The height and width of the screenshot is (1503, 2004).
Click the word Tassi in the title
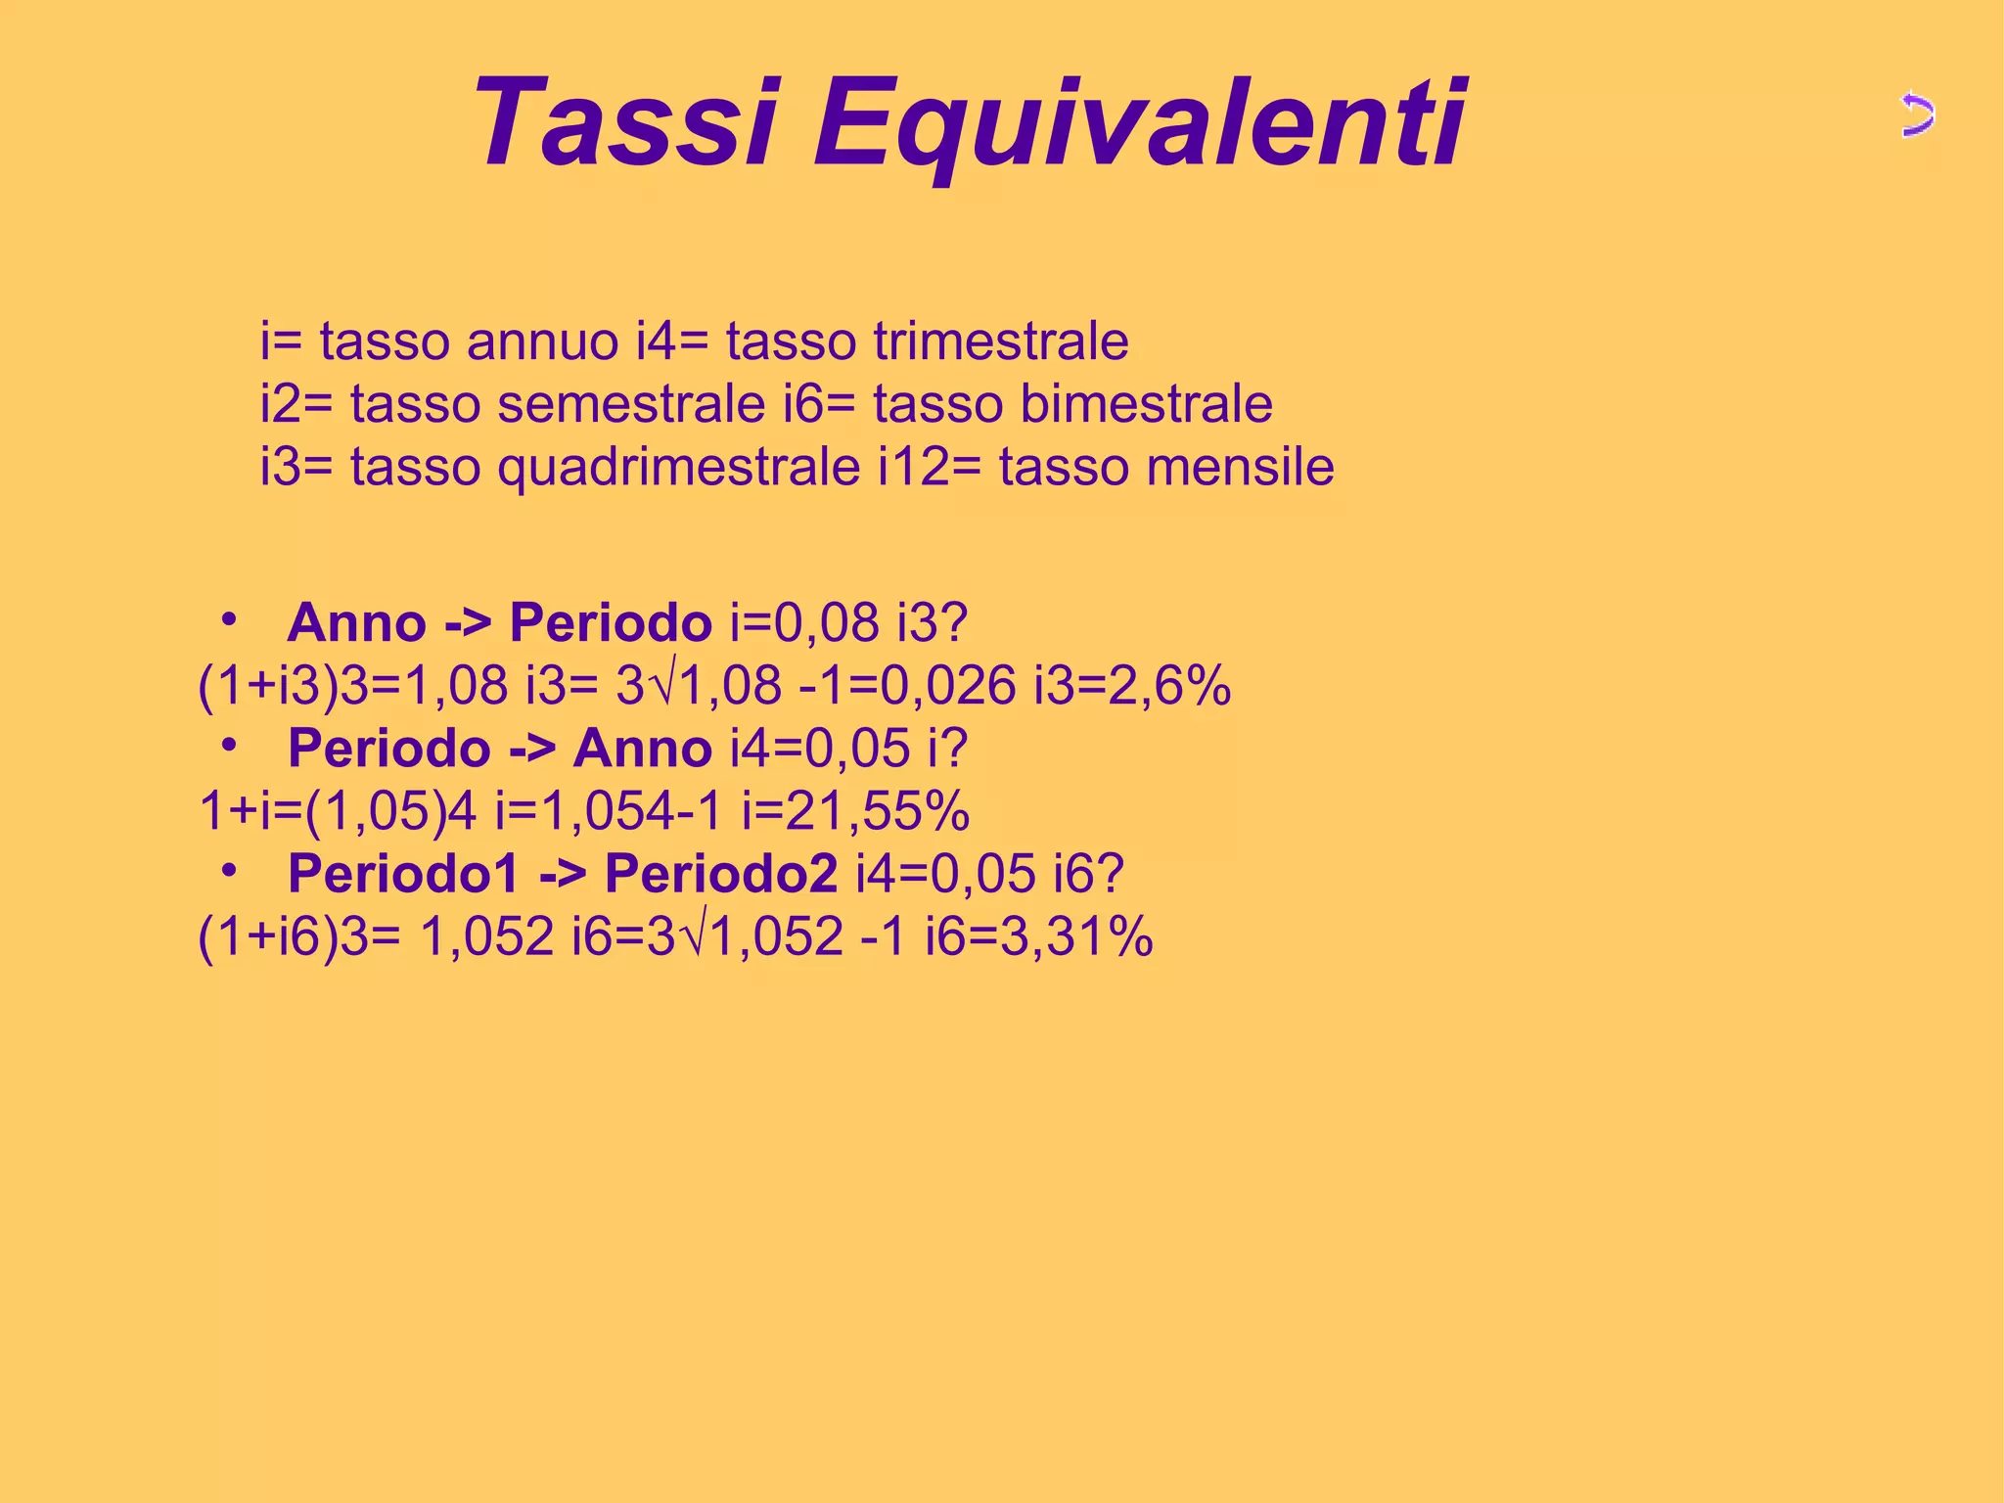[x=626, y=124]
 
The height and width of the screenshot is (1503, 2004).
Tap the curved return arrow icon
[x=1917, y=116]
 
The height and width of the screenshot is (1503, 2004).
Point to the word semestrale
[x=630, y=404]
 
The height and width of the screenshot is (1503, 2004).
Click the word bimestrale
[x=1146, y=404]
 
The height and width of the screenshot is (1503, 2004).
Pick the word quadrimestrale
[x=678, y=467]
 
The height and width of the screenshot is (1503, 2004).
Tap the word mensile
[x=1241, y=467]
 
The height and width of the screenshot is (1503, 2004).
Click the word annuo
[x=542, y=342]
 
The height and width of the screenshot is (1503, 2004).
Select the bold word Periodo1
[x=402, y=873]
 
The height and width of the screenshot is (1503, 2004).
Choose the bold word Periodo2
[x=720, y=873]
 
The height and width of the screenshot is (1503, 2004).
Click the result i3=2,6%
[x=1132, y=685]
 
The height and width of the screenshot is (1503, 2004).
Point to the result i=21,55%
[x=855, y=810]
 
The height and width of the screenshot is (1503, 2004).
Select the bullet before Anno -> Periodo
[x=229, y=620]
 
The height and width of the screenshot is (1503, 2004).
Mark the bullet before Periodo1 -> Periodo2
[x=229, y=871]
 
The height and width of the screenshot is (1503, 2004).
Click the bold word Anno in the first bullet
[x=356, y=622]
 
